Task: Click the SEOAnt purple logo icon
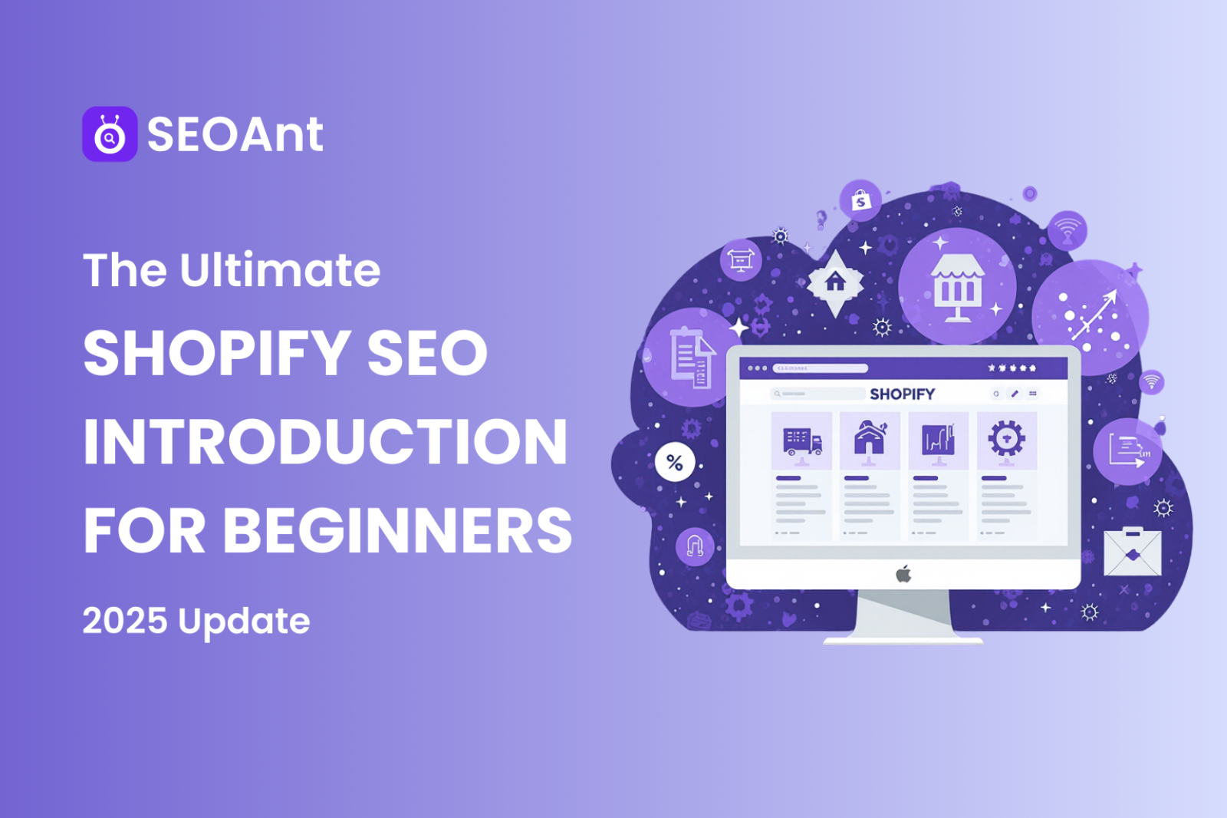tap(110, 134)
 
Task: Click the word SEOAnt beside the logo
tap(235, 135)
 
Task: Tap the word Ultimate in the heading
tap(280, 270)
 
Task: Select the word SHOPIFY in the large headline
tap(216, 353)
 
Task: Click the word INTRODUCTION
tap(325, 442)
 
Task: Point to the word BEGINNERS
tap(397, 531)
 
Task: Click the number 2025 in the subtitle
tap(124, 621)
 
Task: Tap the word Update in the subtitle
tap(244, 622)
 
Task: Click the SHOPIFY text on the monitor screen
tap(902, 394)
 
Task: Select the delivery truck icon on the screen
tap(801, 441)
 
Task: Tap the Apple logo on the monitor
tap(903, 574)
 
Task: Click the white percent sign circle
tap(674, 462)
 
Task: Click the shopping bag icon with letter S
tap(860, 201)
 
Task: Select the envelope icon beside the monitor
tap(1132, 552)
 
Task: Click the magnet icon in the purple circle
tap(695, 546)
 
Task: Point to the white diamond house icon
tap(834, 282)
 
